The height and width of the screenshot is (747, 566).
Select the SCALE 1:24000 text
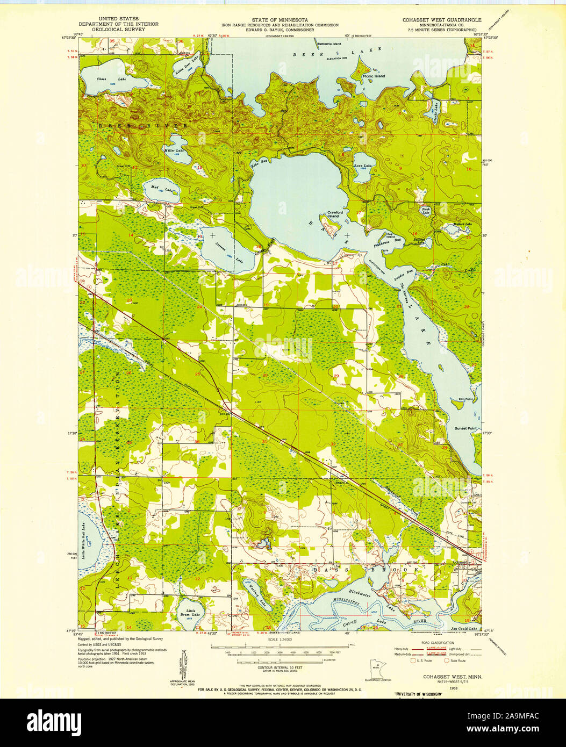283,640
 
